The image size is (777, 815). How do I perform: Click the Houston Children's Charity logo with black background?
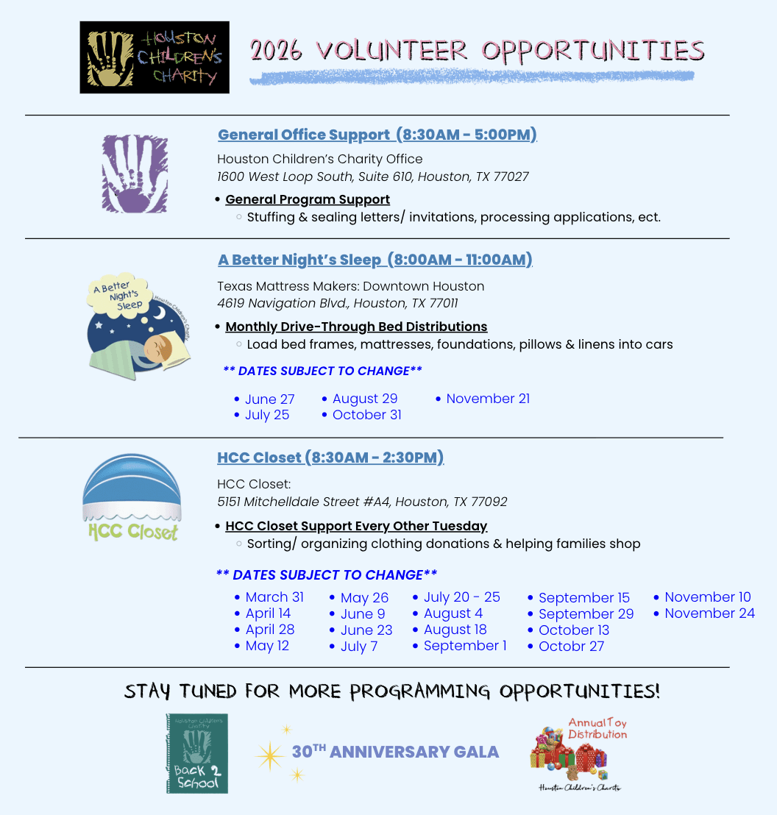[x=155, y=57]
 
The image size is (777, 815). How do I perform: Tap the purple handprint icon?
[x=135, y=174]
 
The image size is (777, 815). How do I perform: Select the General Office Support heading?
[x=377, y=135]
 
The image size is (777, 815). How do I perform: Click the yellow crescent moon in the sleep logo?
[x=159, y=313]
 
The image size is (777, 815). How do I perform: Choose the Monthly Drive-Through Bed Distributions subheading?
[x=356, y=327]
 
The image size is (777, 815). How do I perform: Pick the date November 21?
[x=487, y=399]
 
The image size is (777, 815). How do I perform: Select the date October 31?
[x=366, y=415]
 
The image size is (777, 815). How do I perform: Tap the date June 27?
[x=269, y=399]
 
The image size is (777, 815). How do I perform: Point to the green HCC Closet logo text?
[x=132, y=531]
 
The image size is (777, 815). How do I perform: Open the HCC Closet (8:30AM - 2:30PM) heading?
[x=330, y=458]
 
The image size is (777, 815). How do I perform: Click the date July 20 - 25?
[x=461, y=597]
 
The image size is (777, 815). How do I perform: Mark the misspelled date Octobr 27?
[x=571, y=647]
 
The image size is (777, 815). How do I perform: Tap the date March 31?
[x=274, y=597]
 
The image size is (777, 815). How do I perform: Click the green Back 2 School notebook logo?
[x=196, y=753]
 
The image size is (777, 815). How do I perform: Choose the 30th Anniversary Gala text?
[x=395, y=752]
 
